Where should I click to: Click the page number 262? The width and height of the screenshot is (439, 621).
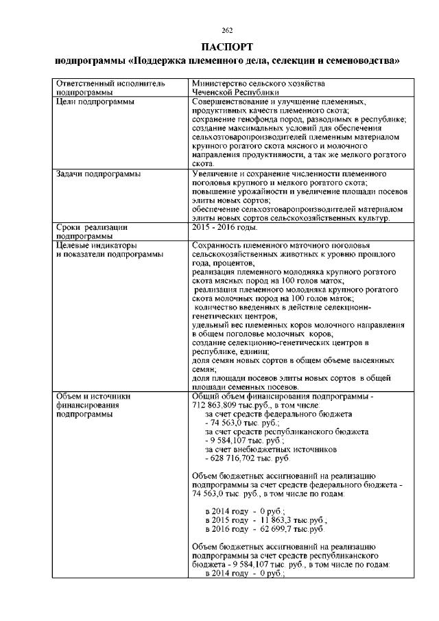pyautogui.click(x=228, y=30)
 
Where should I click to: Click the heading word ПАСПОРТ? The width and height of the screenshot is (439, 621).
pyautogui.click(x=228, y=47)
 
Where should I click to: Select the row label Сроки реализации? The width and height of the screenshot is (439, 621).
pyautogui.click(x=93, y=226)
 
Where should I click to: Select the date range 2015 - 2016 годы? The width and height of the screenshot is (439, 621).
pyautogui.click(x=225, y=226)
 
